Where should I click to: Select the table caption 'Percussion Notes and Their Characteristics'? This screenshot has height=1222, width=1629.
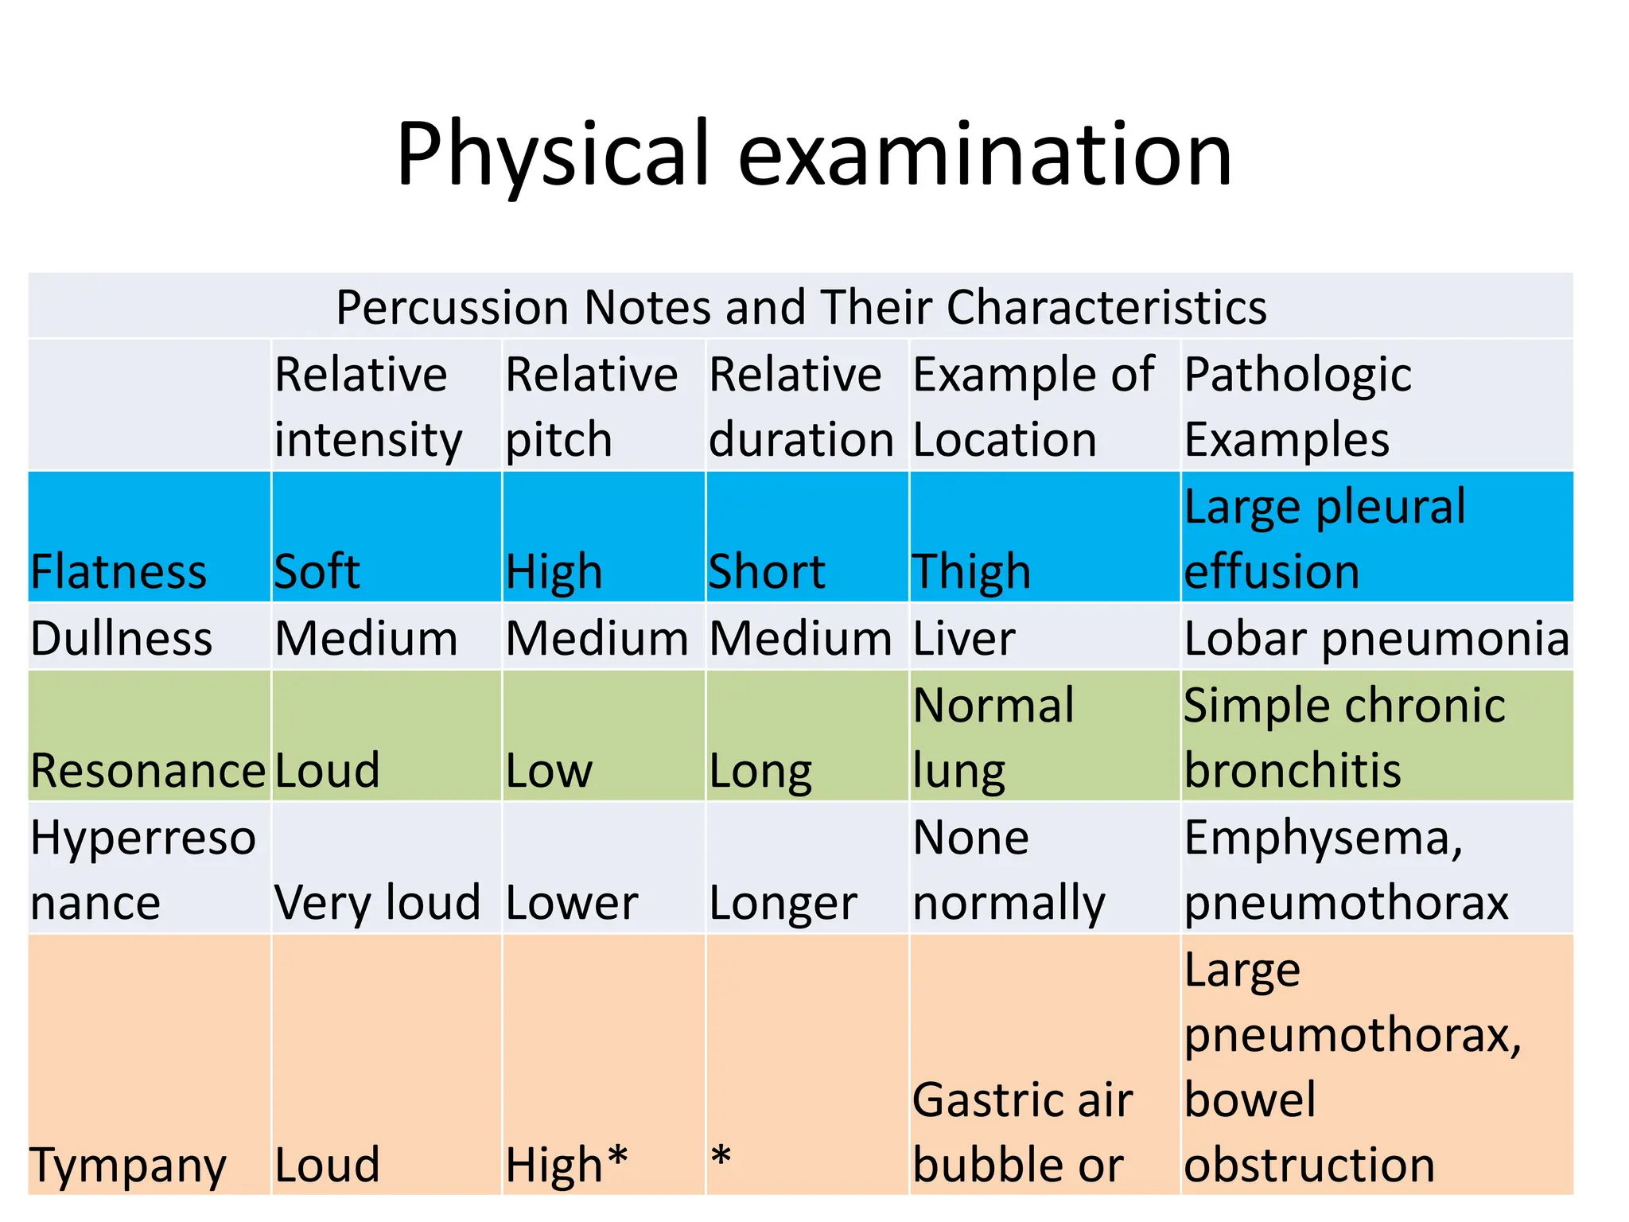801,307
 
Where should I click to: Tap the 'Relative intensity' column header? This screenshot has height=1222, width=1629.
367,407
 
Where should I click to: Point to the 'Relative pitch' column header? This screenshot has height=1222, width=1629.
591,407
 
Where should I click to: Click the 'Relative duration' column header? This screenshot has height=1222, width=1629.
801,407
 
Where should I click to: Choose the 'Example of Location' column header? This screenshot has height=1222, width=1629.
1032,407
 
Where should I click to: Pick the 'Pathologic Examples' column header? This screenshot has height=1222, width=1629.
1297,407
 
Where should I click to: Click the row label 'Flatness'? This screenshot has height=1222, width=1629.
119,572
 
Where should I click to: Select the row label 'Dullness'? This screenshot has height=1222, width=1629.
122,639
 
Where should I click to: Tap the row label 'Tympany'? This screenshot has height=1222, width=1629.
127,1166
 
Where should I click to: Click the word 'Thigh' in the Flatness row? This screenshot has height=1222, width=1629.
971,572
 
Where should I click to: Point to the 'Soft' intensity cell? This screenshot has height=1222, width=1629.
317,572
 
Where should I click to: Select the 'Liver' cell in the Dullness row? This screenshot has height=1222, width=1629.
964,639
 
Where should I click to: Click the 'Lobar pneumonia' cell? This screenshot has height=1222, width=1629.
1376,639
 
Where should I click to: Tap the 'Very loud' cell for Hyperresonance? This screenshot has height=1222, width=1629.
377,903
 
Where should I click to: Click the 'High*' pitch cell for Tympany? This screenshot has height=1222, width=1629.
566,1166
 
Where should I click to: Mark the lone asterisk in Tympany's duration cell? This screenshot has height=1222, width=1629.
721,1158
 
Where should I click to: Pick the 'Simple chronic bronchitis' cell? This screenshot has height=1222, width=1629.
1344,737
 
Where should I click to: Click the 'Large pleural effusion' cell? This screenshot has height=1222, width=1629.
1324,539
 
